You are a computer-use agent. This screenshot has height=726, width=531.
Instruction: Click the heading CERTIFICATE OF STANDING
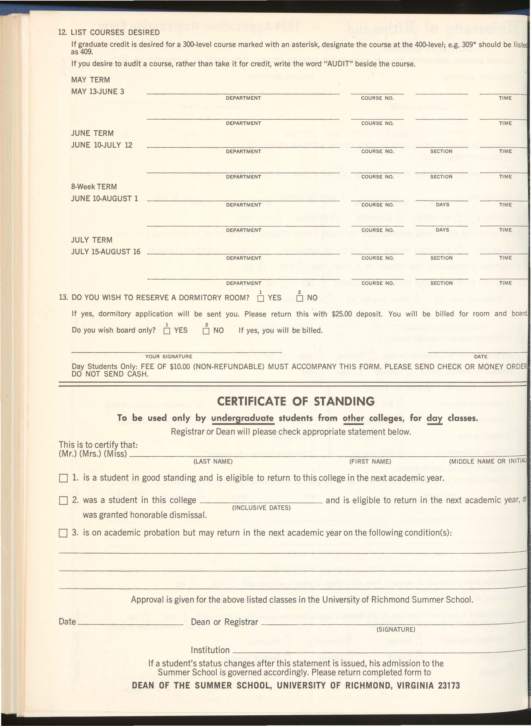(x=296, y=401)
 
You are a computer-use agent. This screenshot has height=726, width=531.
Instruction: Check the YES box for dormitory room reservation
(x=261, y=299)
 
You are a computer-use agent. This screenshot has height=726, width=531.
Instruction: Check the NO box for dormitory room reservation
(x=300, y=299)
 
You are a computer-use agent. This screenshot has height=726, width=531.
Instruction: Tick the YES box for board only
(x=167, y=331)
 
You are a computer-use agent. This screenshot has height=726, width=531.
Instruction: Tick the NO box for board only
(x=206, y=331)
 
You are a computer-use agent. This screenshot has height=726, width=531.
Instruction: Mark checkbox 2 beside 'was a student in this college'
(x=63, y=501)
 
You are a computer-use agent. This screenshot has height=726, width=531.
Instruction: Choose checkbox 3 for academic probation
(x=63, y=534)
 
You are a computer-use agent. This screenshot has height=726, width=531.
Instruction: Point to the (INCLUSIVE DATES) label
(x=261, y=508)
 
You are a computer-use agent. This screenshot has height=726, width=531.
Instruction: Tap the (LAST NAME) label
(x=213, y=461)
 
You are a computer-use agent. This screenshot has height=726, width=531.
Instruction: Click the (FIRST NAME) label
(x=370, y=461)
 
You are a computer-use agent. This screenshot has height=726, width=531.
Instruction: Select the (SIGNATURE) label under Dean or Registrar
(x=396, y=630)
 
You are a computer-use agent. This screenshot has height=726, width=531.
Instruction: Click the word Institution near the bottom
(x=210, y=650)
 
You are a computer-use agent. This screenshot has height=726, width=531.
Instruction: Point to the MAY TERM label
(x=90, y=80)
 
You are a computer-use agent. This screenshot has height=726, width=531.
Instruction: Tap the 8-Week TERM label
(x=94, y=187)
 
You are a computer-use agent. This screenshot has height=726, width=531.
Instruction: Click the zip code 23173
(x=449, y=686)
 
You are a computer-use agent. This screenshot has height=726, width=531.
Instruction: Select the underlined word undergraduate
(x=242, y=418)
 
